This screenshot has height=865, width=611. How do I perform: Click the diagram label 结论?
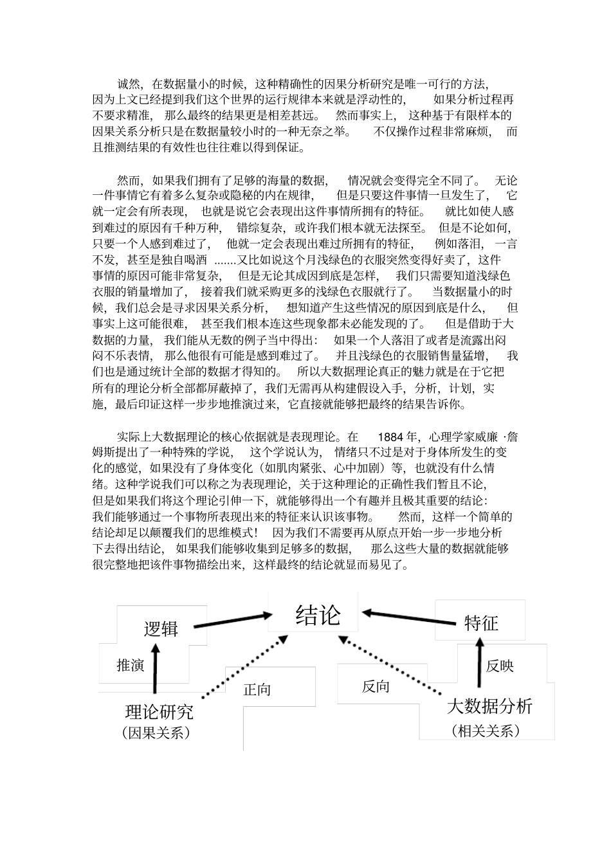[318, 615]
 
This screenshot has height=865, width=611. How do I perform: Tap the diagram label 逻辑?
[161, 628]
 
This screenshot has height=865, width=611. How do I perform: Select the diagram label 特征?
[481, 623]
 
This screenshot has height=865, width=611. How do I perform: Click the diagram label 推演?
[130, 665]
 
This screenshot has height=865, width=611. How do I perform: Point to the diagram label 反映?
[500, 666]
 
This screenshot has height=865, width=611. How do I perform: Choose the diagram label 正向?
[257, 690]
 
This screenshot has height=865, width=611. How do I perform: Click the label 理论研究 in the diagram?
[159, 712]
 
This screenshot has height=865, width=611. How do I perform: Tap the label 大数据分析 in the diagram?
[489, 706]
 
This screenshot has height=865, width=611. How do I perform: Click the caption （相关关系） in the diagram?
[486, 731]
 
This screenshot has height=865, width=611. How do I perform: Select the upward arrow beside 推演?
[154, 670]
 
